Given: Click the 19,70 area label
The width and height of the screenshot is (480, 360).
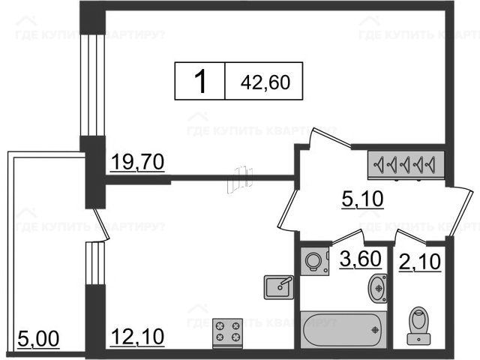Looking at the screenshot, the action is click(x=137, y=162).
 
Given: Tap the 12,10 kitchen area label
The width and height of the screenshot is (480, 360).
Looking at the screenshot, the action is click(x=137, y=337).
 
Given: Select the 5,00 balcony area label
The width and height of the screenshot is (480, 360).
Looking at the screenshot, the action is click(x=38, y=339).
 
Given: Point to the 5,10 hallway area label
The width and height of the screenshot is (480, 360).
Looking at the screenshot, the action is click(x=362, y=199).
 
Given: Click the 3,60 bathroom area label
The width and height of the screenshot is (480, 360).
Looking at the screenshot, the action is click(x=361, y=259).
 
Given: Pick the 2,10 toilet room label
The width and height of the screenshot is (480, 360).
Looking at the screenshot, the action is click(x=420, y=262).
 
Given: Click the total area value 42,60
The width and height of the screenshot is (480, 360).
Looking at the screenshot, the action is click(x=265, y=82).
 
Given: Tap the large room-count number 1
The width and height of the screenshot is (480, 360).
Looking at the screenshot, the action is click(x=200, y=81).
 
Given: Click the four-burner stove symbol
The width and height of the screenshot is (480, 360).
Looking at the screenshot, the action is click(x=228, y=333).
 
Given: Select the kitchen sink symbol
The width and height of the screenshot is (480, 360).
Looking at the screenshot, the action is click(x=279, y=287).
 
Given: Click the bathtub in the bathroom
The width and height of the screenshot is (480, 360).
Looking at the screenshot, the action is click(x=343, y=330).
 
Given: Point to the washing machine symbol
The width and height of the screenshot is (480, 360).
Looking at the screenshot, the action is click(x=315, y=261).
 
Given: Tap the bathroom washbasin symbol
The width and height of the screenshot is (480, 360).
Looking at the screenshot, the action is click(x=377, y=288).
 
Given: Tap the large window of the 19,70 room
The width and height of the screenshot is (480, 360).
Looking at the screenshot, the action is click(x=92, y=85).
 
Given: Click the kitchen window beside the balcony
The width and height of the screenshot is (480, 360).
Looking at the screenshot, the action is click(x=95, y=263).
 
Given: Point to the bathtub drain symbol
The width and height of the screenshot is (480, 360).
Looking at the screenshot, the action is click(x=375, y=330).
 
